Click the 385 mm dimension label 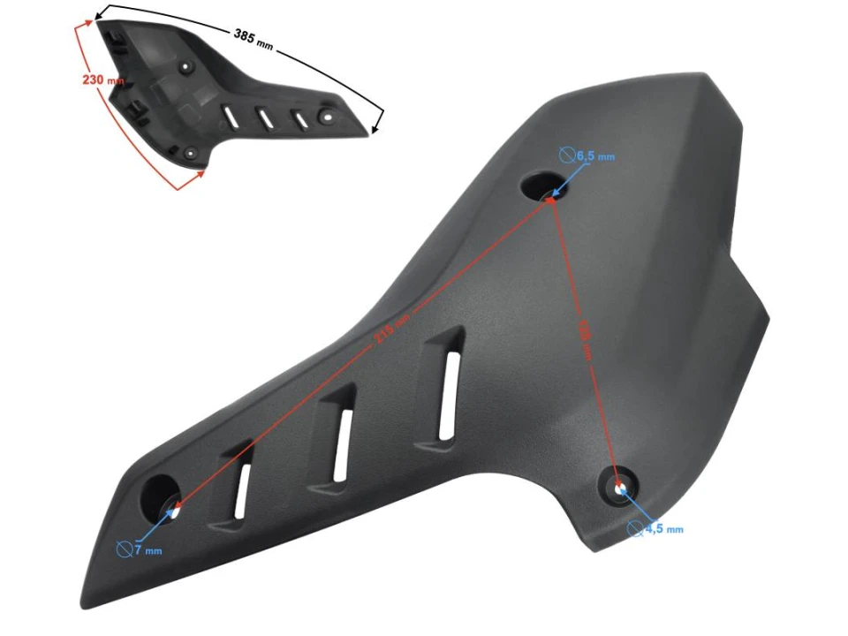click(x=254, y=38)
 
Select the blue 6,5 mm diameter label click(x=595, y=156)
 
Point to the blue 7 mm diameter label click(x=148, y=550)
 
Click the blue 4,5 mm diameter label click(x=663, y=529)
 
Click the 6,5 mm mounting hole click(x=540, y=186)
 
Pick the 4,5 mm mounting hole click(x=619, y=486)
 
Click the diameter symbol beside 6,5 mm click(x=567, y=155)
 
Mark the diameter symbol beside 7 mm click(x=125, y=549)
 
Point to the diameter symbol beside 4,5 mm click(x=635, y=528)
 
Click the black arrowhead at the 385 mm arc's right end click(x=378, y=129)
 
